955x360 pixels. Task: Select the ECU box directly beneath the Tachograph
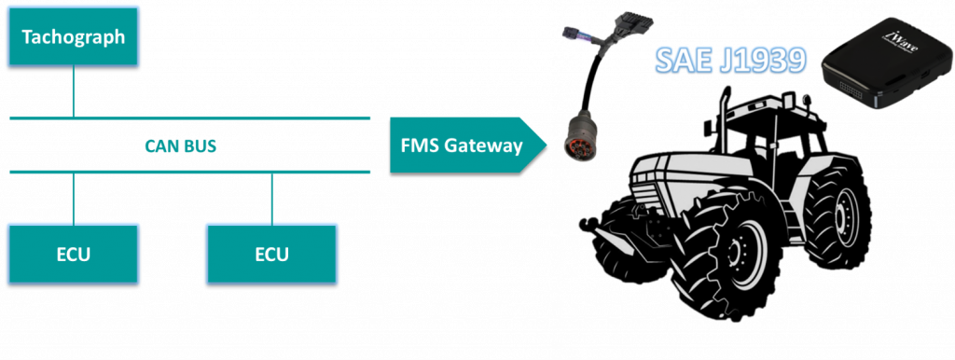[73, 253]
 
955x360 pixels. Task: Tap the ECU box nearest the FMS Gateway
[271, 253]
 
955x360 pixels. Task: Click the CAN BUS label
[181, 146]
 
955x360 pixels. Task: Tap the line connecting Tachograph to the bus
[73, 92]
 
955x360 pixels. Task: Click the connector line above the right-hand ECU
[271, 197]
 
